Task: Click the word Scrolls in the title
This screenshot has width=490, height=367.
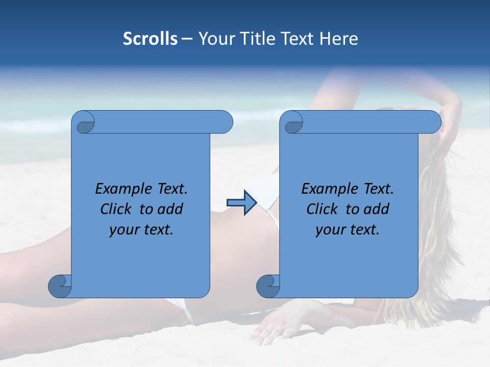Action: coord(150,39)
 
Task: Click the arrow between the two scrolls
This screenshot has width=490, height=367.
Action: coord(241,202)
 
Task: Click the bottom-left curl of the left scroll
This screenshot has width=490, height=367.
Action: coord(60,286)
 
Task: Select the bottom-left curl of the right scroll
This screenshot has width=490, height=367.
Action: coord(268,286)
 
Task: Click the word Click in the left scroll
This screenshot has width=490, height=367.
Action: coord(115,209)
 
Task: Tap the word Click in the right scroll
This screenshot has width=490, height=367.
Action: coord(321,209)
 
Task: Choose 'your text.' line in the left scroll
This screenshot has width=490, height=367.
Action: coord(141,230)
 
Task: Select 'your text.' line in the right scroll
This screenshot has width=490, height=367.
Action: coord(348,230)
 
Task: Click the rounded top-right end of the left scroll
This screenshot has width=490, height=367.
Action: coord(225,122)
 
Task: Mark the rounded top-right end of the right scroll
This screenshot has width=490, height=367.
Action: coord(433,122)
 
